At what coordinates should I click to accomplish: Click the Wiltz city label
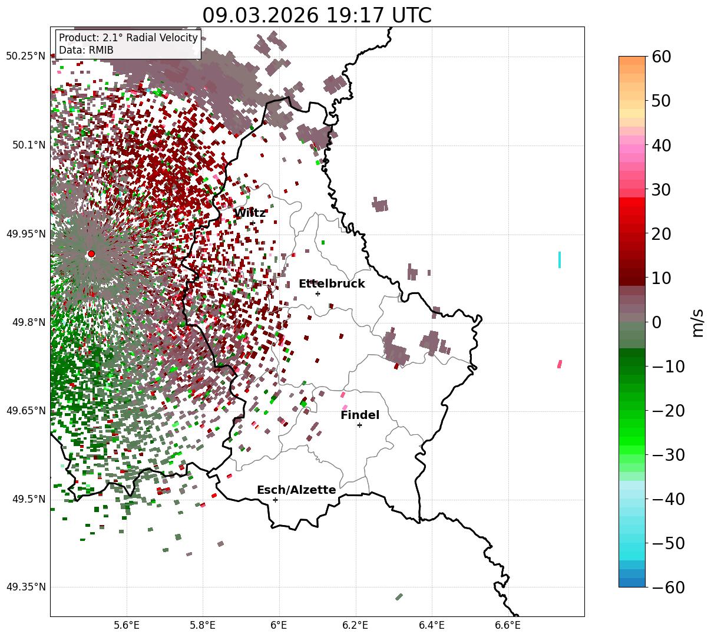click(250, 213)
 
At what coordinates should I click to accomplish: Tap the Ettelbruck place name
click(332, 284)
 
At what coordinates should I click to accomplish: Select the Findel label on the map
click(359, 415)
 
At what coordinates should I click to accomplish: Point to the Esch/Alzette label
click(296, 490)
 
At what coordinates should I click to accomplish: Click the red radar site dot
click(91, 254)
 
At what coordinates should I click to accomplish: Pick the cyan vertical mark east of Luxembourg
click(559, 259)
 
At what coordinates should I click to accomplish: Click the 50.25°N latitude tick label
click(26, 57)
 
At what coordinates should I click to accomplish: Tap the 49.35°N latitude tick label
click(26, 588)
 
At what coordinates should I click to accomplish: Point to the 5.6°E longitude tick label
click(127, 625)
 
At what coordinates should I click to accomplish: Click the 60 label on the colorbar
click(662, 57)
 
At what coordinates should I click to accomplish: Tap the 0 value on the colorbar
click(656, 322)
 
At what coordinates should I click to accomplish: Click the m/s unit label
click(698, 322)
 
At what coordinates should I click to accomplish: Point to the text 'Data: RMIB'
click(86, 50)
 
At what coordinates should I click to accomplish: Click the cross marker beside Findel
click(359, 425)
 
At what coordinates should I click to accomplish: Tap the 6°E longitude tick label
click(279, 625)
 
